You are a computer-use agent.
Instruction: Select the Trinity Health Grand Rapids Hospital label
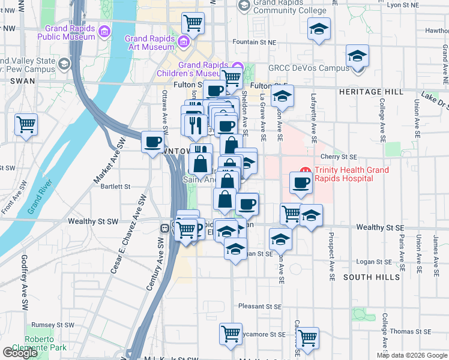(x=345, y=175)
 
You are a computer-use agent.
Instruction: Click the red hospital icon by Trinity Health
(x=305, y=171)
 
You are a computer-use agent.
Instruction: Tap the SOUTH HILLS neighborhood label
(x=372, y=277)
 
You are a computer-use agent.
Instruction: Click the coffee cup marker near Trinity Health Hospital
(x=301, y=182)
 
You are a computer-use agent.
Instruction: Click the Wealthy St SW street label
(x=93, y=221)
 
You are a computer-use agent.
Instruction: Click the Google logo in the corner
(x=20, y=353)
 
